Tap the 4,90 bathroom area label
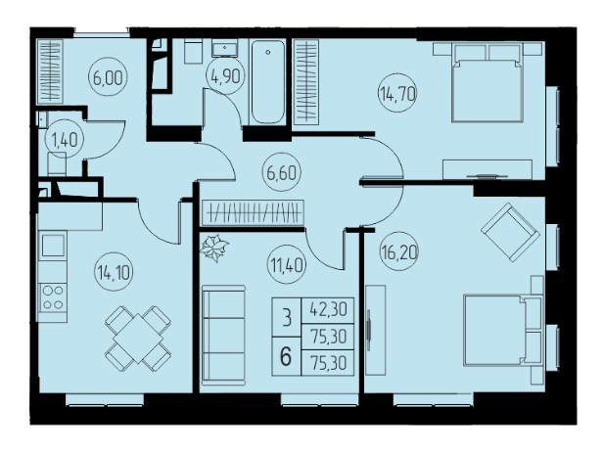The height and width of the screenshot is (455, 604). (226, 76)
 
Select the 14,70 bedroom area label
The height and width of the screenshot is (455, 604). (397, 93)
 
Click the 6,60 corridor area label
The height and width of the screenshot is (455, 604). (282, 173)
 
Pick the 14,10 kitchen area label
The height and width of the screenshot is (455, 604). (114, 272)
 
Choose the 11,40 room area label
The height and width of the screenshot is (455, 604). (287, 265)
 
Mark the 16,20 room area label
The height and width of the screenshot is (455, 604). (399, 251)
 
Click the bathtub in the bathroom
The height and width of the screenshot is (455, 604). (267, 81)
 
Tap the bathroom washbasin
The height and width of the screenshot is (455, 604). (224, 48)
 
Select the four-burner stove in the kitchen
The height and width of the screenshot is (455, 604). (53, 297)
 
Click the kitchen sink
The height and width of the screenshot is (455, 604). (53, 246)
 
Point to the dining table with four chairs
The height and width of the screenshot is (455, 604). (138, 338)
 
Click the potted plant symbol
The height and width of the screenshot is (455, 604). (214, 248)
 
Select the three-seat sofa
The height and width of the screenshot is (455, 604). (223, 335)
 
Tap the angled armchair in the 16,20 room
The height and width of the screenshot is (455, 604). (510, 232)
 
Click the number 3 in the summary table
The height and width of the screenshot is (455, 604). (287, 318)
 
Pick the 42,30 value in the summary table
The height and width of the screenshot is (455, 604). (328, 309)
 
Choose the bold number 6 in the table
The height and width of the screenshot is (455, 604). (286, 356)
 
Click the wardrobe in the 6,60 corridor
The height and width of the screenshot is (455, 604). (254, 212)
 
